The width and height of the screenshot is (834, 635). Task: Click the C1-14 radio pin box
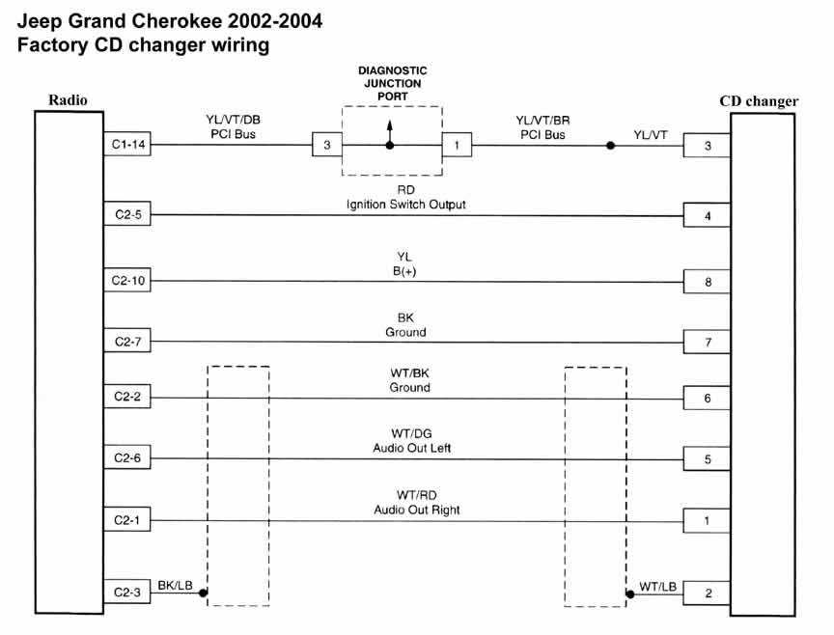point(125,146)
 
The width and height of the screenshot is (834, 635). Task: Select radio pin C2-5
point(125,215)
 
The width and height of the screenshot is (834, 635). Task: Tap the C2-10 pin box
point(125,282)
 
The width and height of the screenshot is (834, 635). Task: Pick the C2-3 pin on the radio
point(125,593)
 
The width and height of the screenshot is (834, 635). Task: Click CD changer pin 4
point(708,216)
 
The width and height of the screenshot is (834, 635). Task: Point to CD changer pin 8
point(708,283)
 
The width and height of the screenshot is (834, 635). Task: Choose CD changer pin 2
point(708,594)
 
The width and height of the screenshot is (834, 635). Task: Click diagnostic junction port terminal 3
point(326,146)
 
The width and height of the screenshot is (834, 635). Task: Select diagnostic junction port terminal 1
point(457,146)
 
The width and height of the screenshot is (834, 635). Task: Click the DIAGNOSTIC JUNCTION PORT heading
point(392,83)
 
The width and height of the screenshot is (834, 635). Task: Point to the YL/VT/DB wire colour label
point(233,120)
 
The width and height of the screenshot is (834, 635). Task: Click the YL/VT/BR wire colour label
point(542,120)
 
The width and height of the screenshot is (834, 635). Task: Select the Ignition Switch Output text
point(406,205)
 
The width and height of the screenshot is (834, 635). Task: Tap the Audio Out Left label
point(411,448)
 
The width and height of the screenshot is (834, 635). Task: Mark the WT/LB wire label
point(657,585)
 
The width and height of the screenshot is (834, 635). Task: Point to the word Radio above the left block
point(68,99)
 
